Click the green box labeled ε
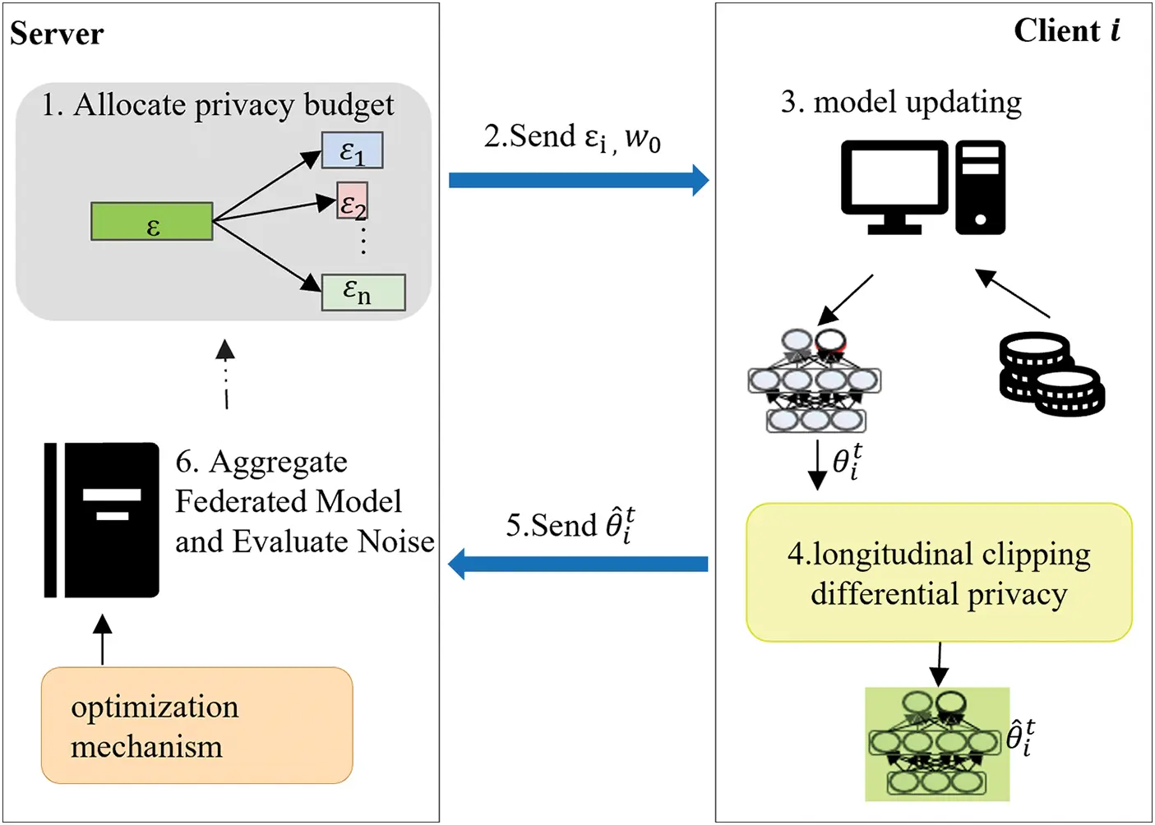tap(152, 222)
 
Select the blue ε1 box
tap(352, 150)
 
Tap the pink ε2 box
tap(353, 201)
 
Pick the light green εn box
tap(363, 292)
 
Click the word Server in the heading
tap(57, 34)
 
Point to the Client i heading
tap(1065, 31)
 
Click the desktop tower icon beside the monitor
tap(980, 187)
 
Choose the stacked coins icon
tap(1051, 375)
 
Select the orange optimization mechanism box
tap(196, 725)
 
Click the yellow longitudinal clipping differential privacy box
tap(939, 573)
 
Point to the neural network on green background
tap(936, 744)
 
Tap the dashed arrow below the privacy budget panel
tap(225, 375)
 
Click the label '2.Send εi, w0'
tap(572, 137)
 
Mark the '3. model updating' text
tap(901, 103)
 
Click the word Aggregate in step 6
tap(278, 463)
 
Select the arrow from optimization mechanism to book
tap(102, 640)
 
